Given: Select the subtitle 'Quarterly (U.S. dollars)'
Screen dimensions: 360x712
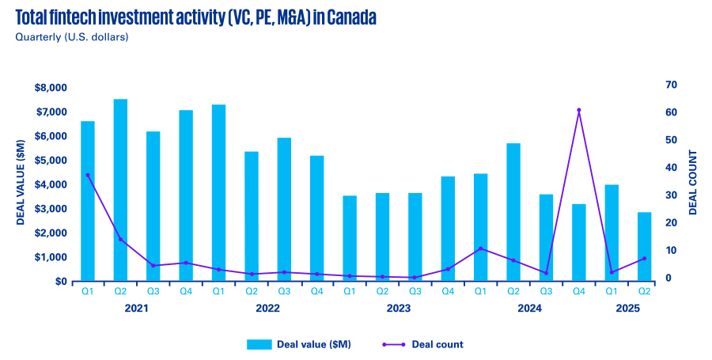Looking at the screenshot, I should pyautogui.click(x=72, y=36).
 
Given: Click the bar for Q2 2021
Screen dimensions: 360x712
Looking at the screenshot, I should pyautogui.click(x=120, y=190).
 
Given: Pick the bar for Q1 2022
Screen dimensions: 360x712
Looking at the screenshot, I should pyautogui.click(x=218, y=193).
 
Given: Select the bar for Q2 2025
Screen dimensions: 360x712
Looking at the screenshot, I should pyautogui.click(x=645, y=246).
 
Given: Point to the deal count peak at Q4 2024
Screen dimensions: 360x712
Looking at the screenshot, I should pyautogui.click(x=579, y=110).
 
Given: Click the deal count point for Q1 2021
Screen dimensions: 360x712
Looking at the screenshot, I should pyautogui.click(x=88, y=175).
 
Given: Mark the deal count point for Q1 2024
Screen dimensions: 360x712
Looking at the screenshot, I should pyautogui.click(x=480, y=248).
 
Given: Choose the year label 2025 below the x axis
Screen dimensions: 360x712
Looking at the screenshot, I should pyautogui.click(x=628, y=308).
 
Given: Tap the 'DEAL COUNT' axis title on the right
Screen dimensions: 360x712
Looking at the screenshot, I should pyautogui.click(x=693, y=182).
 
